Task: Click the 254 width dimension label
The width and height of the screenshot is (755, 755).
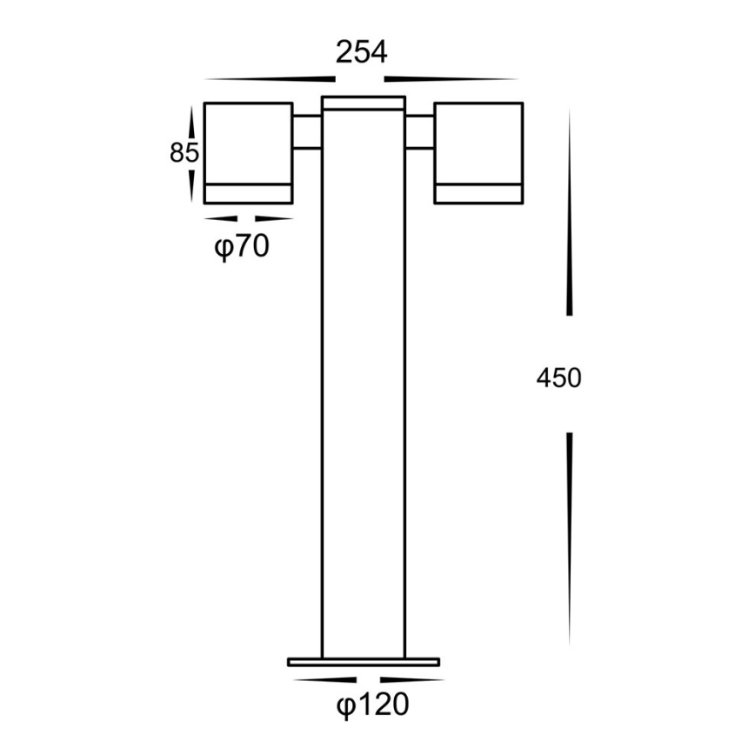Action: [362, 52]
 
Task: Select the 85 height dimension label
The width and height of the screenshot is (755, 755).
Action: [184, 153]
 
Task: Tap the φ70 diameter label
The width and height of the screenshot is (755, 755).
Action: [242, 248]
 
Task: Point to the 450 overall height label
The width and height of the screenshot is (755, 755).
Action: [558, 377]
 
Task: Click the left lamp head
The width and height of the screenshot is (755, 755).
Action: [248, 144]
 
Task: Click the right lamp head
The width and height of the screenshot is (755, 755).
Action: [478, 144]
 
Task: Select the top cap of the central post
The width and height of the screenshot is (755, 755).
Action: [363, 104]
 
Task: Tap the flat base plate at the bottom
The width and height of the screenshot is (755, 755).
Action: [364, 662]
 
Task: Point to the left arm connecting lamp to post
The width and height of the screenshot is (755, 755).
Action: [307, 131]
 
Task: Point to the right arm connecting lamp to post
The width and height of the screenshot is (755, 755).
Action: [419, 131]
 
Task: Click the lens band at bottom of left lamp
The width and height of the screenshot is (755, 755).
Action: [248, 193]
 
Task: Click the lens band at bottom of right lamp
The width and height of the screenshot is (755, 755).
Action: [478, 193]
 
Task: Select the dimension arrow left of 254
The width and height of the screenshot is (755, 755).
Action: [261, 77]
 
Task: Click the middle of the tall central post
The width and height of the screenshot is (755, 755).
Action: [363, 383]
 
